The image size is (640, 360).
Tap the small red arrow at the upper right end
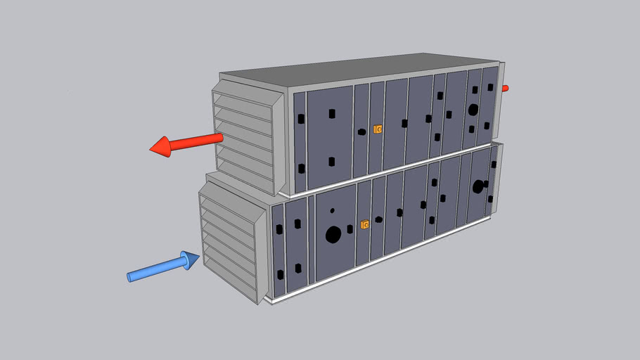(x=504, y=88)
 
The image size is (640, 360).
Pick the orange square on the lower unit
(x=364, y=225)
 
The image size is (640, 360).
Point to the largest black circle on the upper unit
(x=473, y=110)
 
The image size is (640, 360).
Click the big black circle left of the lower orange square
(x=333, y=233)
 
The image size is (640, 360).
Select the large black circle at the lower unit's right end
(x=478, y=186)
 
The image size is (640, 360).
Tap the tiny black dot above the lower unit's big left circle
(x=332, y=210)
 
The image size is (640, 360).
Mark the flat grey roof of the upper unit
(x=359, y=70)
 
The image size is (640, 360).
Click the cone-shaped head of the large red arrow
(x=161, y=147)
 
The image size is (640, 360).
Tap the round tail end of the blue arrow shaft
(x=129, y=276)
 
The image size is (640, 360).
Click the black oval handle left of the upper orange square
(x=361, y=131)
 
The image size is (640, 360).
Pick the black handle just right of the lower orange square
(x=378, y=219)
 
